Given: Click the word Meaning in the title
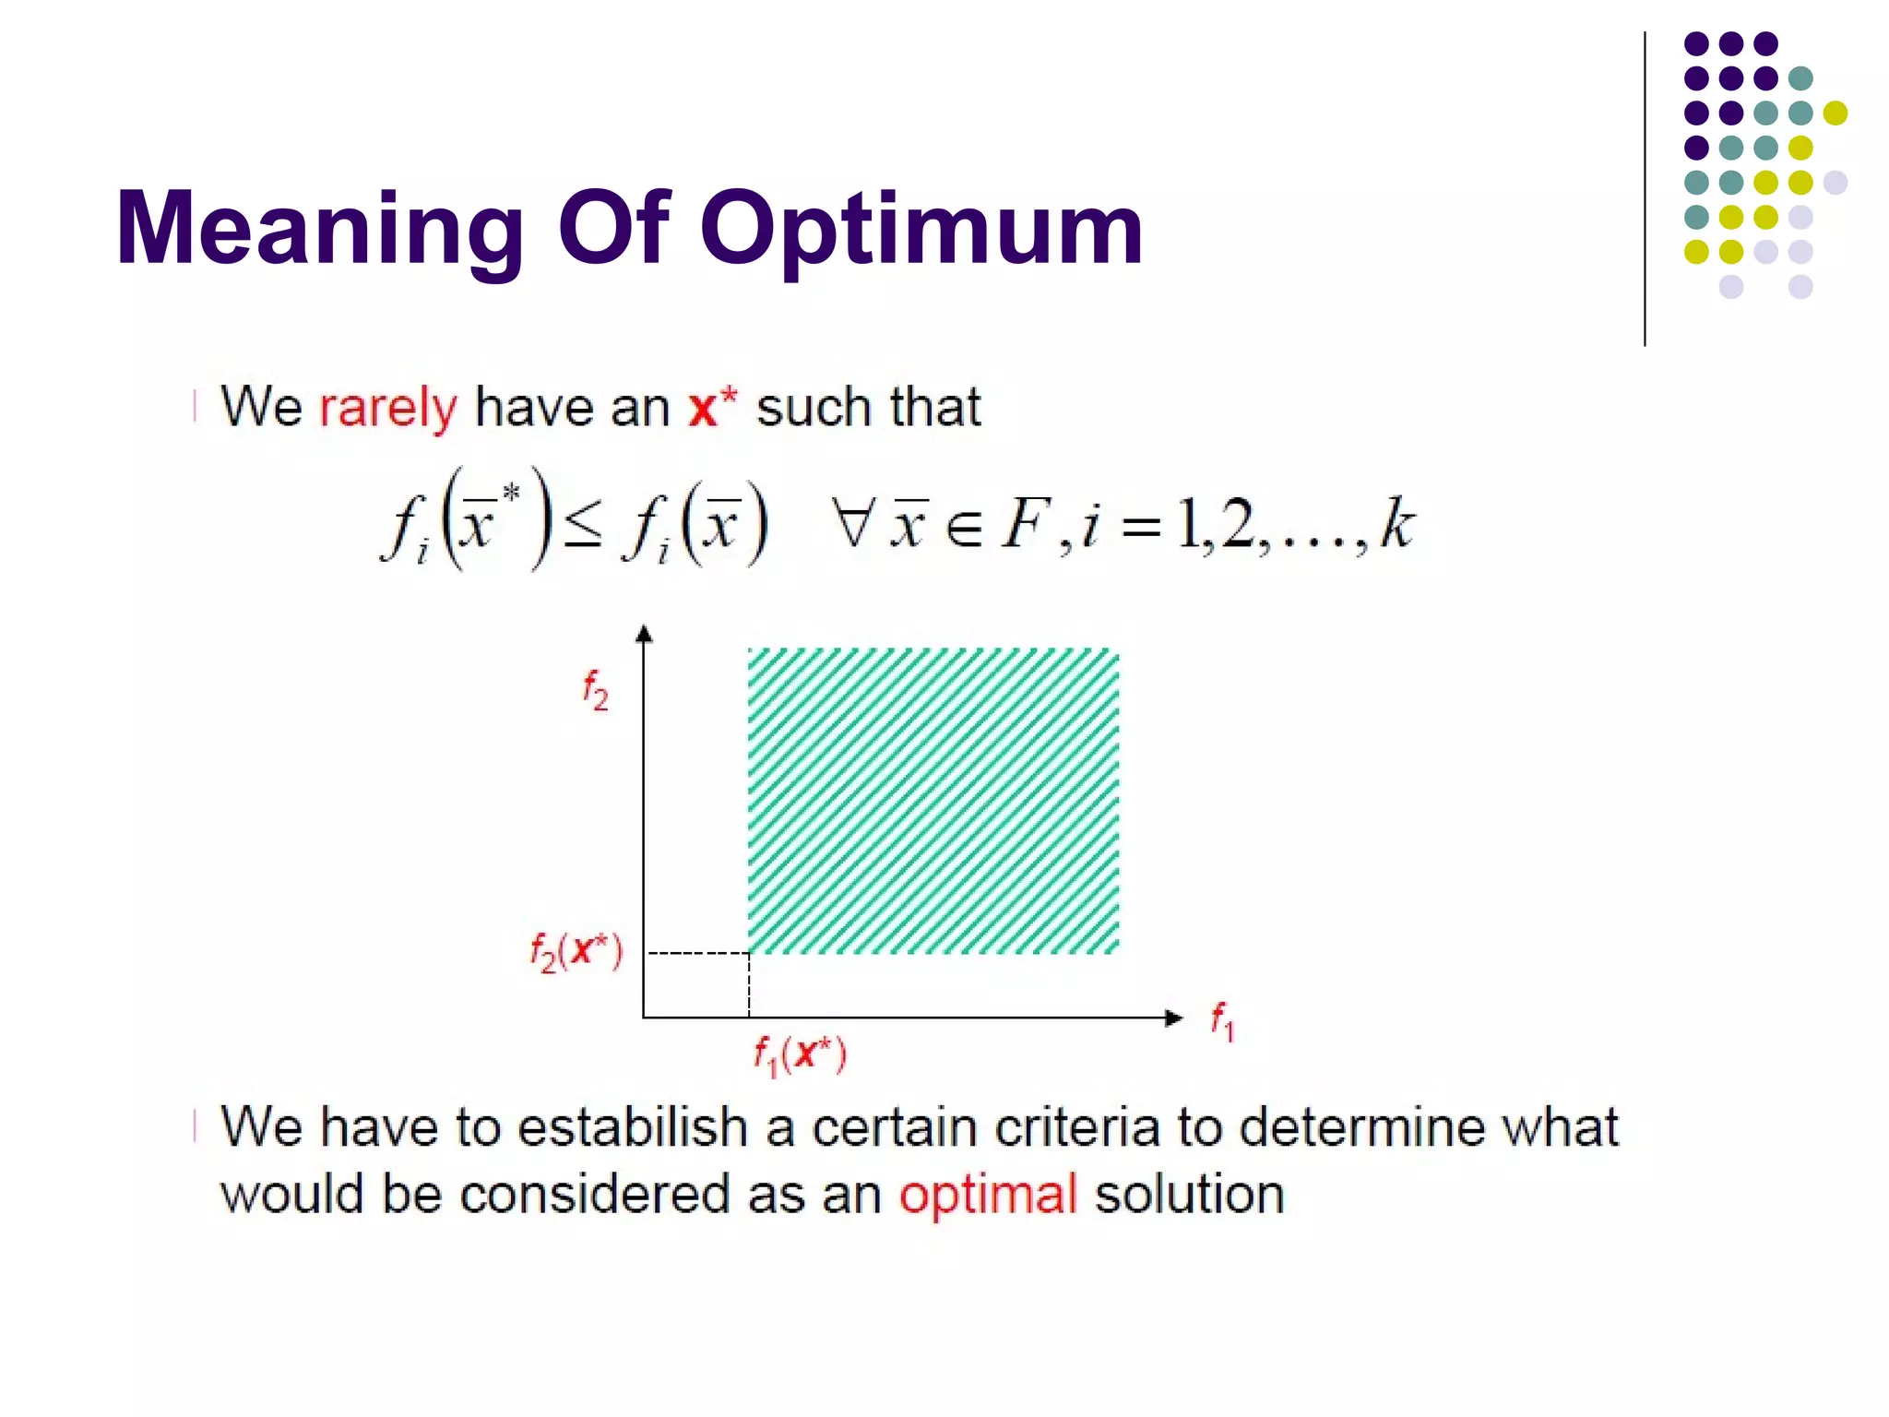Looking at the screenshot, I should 319,229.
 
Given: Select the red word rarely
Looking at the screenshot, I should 387,408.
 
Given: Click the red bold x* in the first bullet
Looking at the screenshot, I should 712,406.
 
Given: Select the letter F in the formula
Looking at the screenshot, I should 1026,523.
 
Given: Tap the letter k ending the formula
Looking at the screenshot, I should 1396,523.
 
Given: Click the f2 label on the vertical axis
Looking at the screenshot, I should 595,690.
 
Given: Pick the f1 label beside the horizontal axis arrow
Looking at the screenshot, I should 1222,1021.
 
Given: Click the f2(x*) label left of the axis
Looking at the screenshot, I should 576,951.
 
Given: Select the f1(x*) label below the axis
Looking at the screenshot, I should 800,1054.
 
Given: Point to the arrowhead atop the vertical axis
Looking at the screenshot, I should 645,633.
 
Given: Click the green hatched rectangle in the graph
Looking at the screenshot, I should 933,801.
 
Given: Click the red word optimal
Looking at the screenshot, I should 988,1196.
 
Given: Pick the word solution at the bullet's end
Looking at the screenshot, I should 1189,1194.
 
